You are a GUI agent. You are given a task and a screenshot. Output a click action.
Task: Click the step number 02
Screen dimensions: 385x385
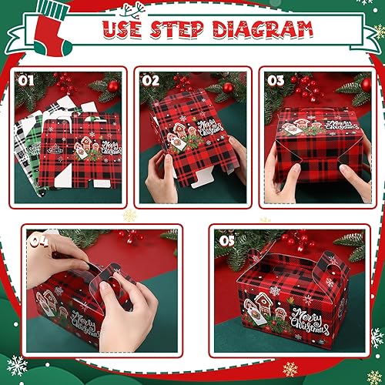149,79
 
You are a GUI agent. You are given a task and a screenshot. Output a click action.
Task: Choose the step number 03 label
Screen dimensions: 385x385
276,79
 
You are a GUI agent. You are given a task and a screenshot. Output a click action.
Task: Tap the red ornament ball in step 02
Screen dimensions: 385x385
227,88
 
